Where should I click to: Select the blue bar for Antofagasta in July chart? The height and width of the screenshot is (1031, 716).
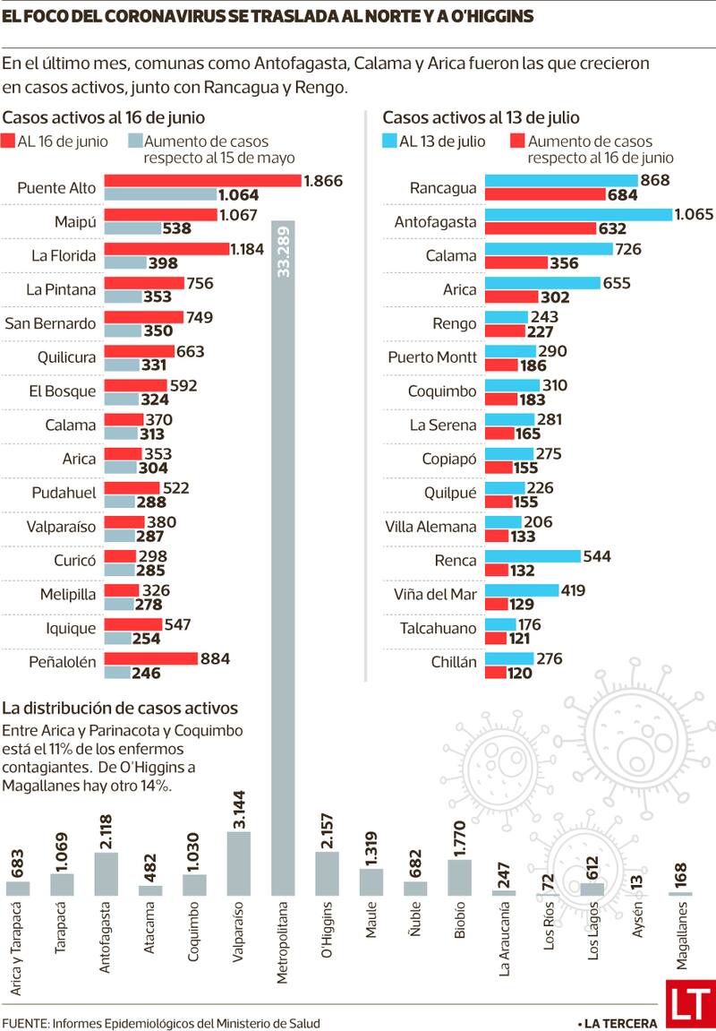(578, 215)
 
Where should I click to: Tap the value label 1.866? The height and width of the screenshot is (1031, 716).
(324, 181)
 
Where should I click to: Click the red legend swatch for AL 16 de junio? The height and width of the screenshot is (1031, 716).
(10, 141)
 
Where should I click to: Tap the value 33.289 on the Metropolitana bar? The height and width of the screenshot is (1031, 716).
(285, 251)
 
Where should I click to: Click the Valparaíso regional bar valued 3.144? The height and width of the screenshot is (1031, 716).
(240, 863)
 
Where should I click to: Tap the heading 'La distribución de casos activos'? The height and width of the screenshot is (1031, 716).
(122, 707)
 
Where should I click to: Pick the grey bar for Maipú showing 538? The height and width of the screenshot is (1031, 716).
(132, 228)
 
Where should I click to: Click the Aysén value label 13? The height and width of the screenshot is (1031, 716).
(637, 881)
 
